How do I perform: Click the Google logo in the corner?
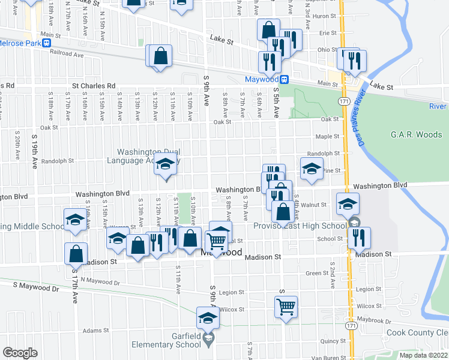tap(20, 353)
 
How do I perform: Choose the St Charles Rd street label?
tap(94, 86)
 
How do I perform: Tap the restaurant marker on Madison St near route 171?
tap(359, 238)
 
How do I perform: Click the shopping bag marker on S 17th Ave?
tap(76, 254)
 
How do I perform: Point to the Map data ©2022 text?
tap(423, 355)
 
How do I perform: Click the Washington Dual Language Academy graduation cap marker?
tap(165, 164)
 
